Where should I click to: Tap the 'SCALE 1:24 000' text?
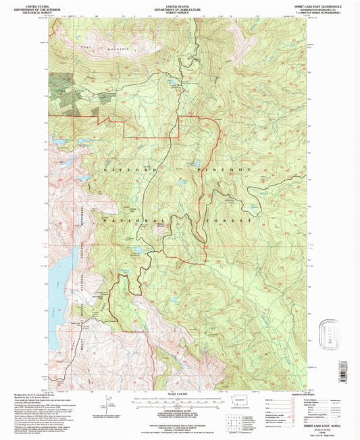[x=178, y=394]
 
